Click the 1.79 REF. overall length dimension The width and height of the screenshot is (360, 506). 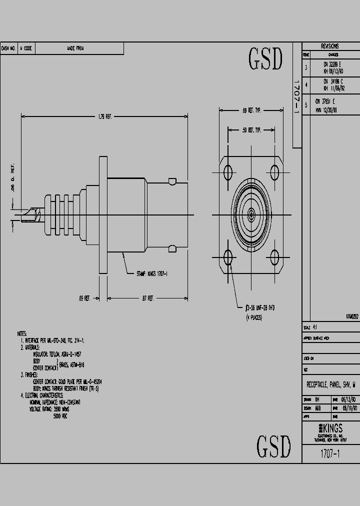point(104,116)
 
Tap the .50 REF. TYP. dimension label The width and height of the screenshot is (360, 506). point(251,130)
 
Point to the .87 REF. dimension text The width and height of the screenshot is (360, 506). point(148,298)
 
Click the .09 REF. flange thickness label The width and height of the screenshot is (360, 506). point(84,298)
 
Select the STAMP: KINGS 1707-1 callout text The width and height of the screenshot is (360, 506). point(152,274)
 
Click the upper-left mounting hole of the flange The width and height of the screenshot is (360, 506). point(228,173)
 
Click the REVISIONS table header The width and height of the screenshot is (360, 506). point(330,46)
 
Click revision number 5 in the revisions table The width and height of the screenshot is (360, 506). point(306,105)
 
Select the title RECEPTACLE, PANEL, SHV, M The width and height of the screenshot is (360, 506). point(330,384)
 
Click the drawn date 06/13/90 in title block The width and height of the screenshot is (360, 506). point(348,400)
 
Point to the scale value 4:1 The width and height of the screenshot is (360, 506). point(314,327)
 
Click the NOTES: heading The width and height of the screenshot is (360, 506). point(22,333)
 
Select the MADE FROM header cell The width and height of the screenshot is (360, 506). point(75,48)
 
